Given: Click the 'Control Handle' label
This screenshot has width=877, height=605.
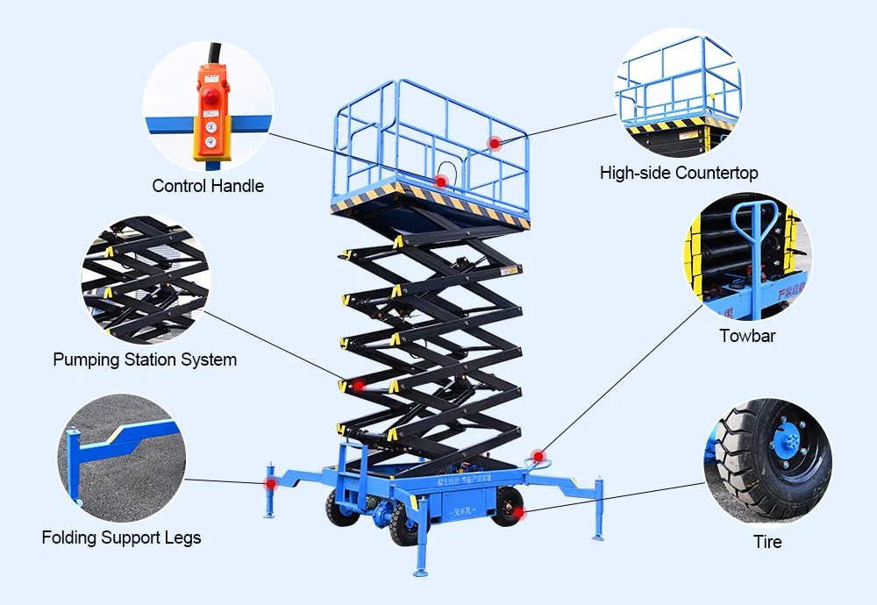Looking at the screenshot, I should coord(208,186).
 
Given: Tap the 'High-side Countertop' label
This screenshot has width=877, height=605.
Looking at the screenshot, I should coord(679,173).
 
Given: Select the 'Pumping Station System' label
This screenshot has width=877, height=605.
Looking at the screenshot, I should coord(145,359).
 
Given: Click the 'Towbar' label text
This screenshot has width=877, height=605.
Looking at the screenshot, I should coord(747,336).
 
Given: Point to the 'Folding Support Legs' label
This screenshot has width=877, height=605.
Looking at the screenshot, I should coord(121,537).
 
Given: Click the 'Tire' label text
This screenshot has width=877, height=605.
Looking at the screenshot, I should coord(767,542).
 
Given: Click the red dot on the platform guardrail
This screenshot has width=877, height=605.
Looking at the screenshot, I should coord(495,142).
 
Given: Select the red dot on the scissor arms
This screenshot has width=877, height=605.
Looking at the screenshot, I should coord(358,385).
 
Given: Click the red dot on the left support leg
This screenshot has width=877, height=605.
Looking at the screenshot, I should coord(271,483).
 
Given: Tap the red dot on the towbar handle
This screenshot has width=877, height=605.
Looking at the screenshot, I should coord(538,456).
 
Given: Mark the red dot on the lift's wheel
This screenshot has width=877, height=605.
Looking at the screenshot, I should coord(518,512).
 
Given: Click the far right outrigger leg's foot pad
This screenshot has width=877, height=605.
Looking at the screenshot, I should coord(598,537).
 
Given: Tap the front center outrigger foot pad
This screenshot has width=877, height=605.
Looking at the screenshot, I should coord(420,573).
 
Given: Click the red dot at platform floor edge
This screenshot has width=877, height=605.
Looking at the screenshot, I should coord(441,181).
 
